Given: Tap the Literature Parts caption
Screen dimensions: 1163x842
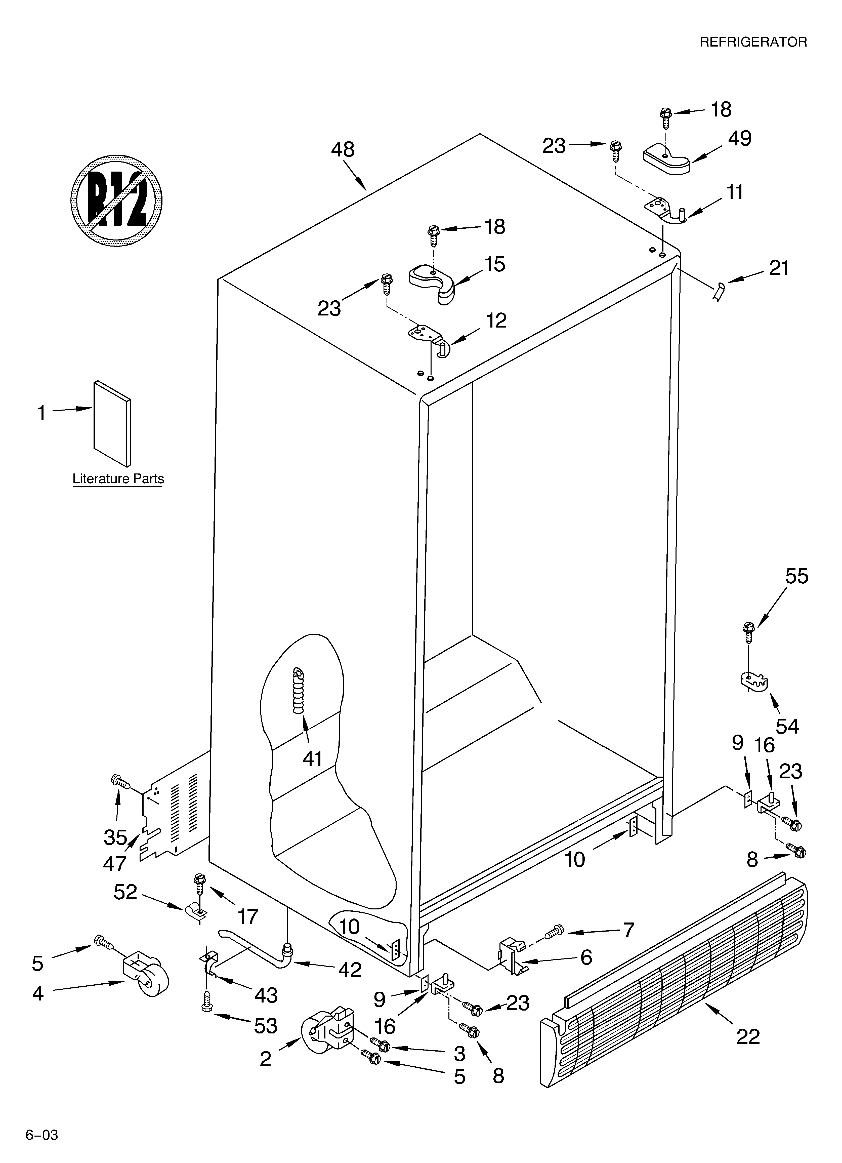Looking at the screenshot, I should (x=118, y=479).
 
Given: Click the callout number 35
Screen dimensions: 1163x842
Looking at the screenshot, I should (x=115, y=837).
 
